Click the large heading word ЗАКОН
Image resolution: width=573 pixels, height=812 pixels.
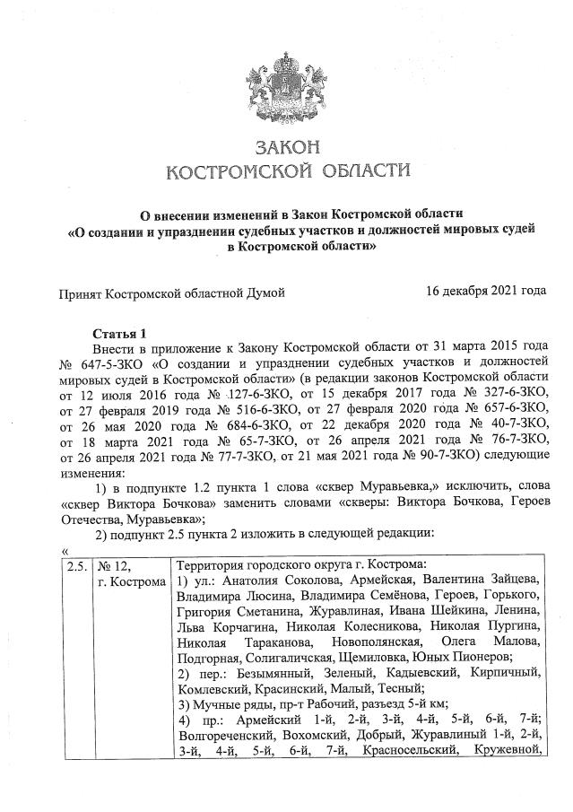click(287, 146)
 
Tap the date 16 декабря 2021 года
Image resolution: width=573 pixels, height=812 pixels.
click(485, 292)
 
